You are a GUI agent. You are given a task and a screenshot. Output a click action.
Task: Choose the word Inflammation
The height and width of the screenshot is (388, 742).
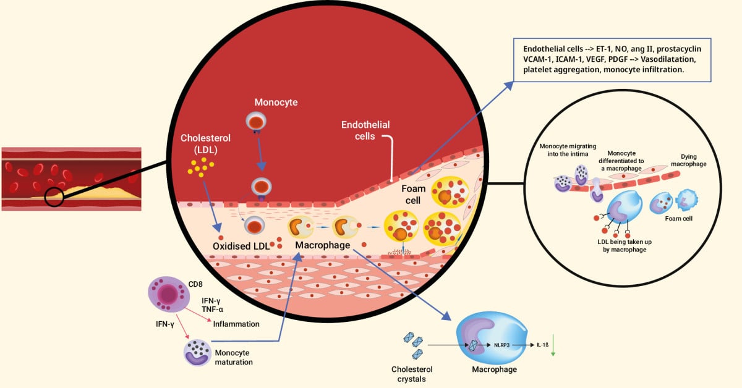pos(236,324)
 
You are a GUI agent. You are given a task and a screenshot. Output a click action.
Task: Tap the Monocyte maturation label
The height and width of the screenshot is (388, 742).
pos(234,357)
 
